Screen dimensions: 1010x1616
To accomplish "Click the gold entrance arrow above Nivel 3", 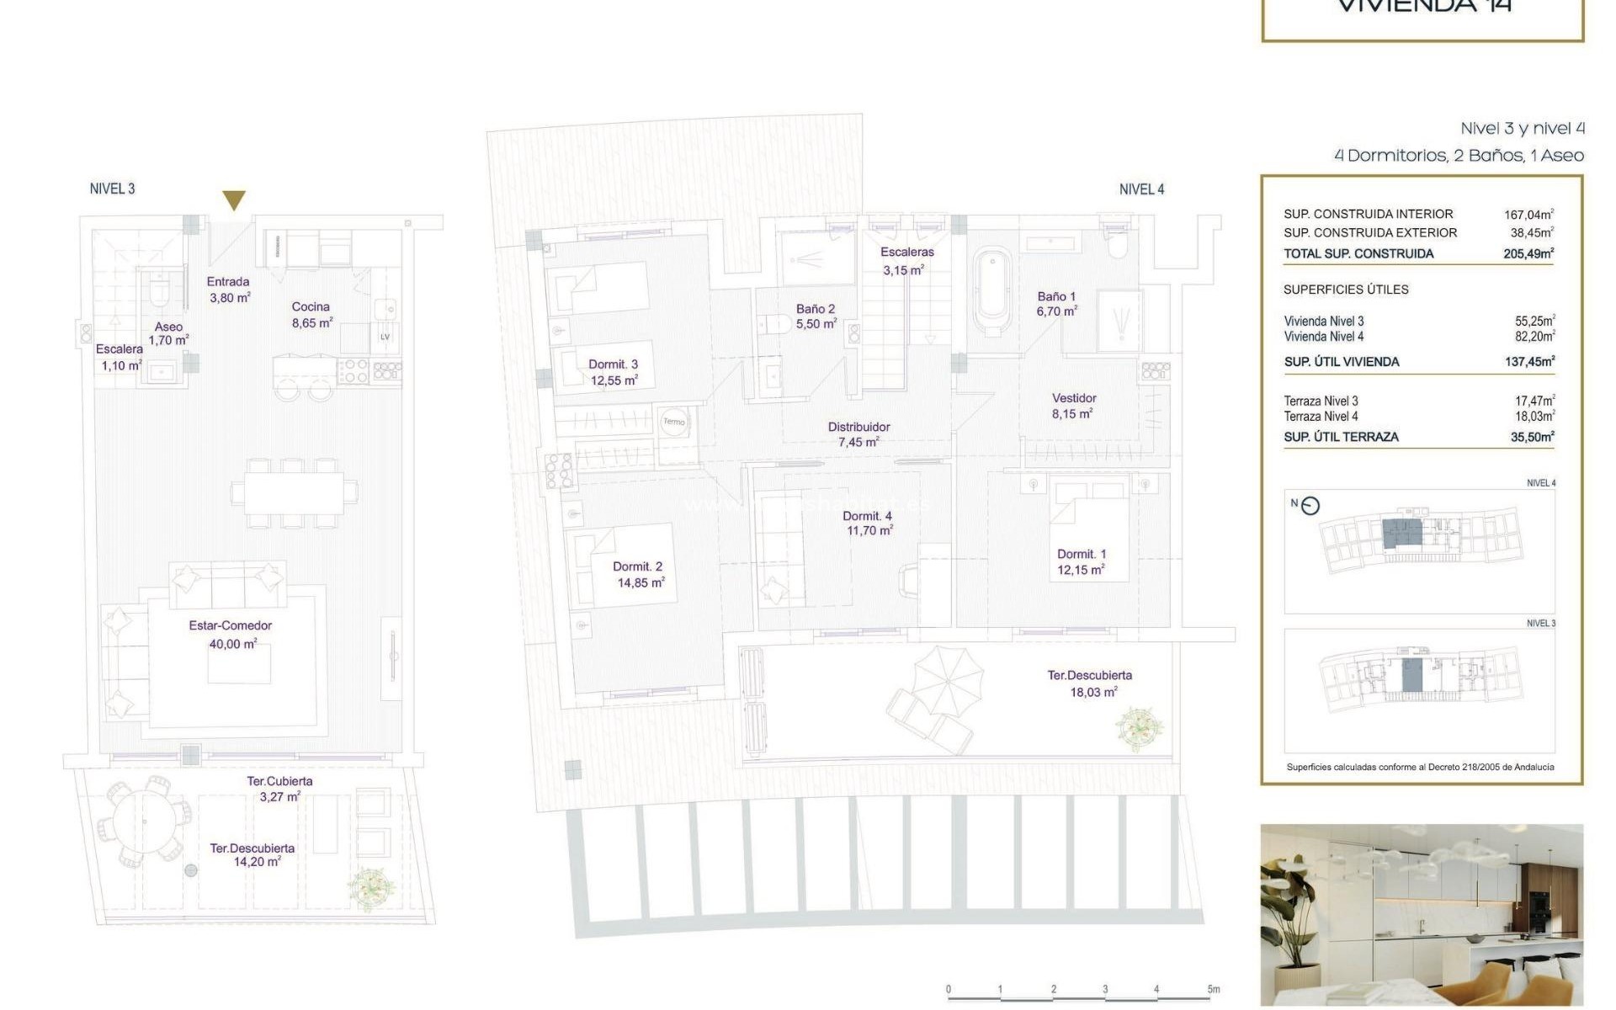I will [x=234, y=200].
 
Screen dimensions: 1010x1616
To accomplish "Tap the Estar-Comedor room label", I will [x=231, y=626].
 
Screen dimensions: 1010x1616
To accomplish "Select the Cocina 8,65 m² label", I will [x=311, y=315].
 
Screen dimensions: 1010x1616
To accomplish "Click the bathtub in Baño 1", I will [x=992, y=290].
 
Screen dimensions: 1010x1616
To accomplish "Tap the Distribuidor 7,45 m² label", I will [x=858, y=434].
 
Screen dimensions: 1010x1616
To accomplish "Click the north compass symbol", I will [x=1310, y=506].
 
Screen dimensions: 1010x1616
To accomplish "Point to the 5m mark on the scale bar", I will [x=1213, y=990].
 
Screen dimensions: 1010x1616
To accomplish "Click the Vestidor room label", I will [x=1074, y=398].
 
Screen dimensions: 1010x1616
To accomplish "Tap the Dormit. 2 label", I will [x=638, y=567].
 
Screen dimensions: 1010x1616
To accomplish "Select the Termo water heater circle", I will [x=674, y=422].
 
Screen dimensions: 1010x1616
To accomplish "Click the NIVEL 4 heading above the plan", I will [x=1141, y=189].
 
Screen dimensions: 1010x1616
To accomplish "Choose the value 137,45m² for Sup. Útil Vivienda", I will [x=1529, y=362].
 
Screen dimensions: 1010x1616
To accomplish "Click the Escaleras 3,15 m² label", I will [x=906, y=260].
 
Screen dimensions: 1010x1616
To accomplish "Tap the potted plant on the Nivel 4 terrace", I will [x=1140, y=728].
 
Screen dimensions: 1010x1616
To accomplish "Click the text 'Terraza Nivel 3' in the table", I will [x=1321, y=401].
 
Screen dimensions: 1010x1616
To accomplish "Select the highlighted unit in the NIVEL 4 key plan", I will [x=1402, y=534].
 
